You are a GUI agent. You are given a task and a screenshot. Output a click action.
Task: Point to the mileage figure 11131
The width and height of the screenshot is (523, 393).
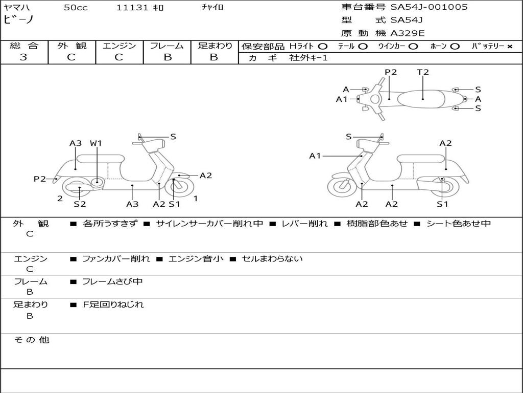coord(132,8)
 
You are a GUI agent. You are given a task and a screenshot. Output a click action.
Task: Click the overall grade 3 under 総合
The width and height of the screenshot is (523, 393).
coord(23,57)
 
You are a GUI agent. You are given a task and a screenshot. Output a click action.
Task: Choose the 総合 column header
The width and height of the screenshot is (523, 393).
coord(24,46)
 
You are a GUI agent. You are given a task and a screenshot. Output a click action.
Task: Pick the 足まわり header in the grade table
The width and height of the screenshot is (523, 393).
coord(215,46)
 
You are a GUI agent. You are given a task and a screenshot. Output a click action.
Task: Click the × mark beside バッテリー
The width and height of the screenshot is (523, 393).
coord(509,47)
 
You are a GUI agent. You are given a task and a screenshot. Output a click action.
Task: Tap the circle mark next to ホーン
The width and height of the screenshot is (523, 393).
coord(455,47)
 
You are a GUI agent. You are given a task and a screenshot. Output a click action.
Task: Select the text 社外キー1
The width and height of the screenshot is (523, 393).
coord(308,58)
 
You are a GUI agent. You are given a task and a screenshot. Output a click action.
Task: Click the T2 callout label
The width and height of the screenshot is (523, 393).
coord(423,72)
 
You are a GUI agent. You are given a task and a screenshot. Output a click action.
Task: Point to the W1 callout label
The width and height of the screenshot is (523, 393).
coord(96,143)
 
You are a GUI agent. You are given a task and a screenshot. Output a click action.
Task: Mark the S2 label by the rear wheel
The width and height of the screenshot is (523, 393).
coord(80,204)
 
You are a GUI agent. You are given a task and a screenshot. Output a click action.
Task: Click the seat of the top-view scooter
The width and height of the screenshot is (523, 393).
coord(423,98)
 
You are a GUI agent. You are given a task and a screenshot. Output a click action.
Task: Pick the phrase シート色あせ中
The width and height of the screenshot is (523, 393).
coord(458,224)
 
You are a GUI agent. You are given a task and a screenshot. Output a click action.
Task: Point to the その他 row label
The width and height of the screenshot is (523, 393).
coord(32,340)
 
